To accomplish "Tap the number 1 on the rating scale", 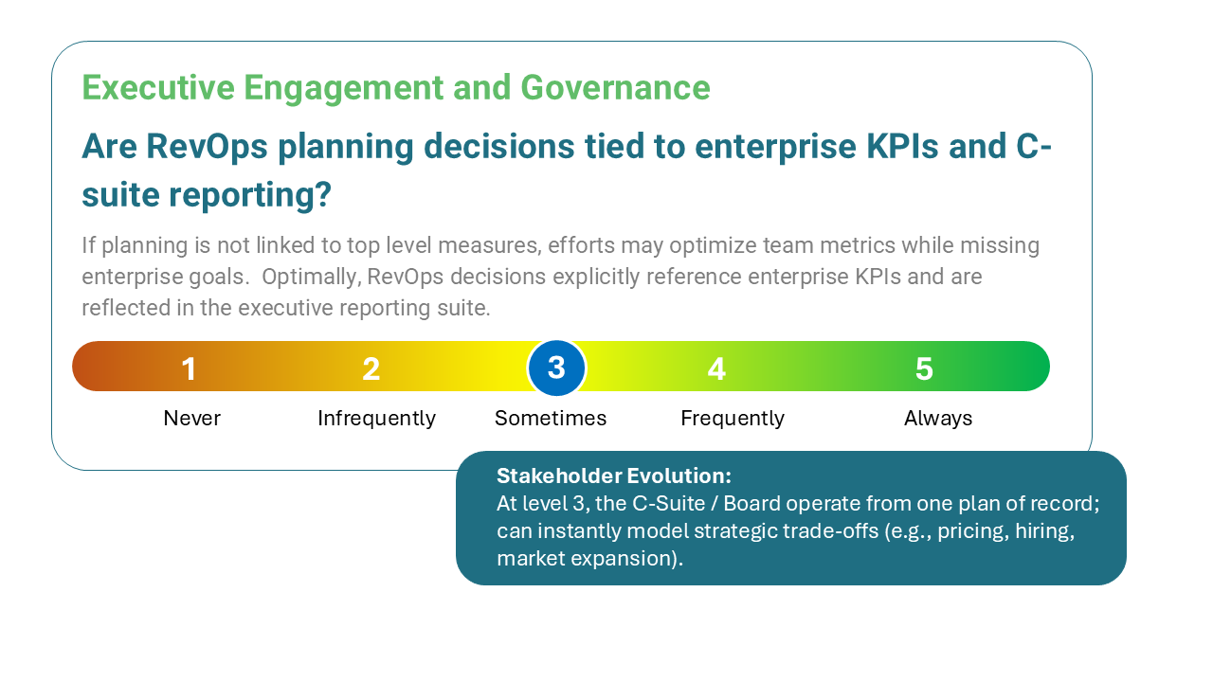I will (190, 368).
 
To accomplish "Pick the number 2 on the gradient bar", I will (371, 368).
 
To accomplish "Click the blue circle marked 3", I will (556, 368).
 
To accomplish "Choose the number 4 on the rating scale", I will (716, 368).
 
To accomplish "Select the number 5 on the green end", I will (924, 368).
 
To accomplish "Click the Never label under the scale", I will (191, 419).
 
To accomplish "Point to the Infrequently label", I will (376, 419).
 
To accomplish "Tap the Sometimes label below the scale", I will (551, 419).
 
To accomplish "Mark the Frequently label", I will (733, 419).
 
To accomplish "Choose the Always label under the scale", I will (938, 419).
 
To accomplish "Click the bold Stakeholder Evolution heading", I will (614, 476).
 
